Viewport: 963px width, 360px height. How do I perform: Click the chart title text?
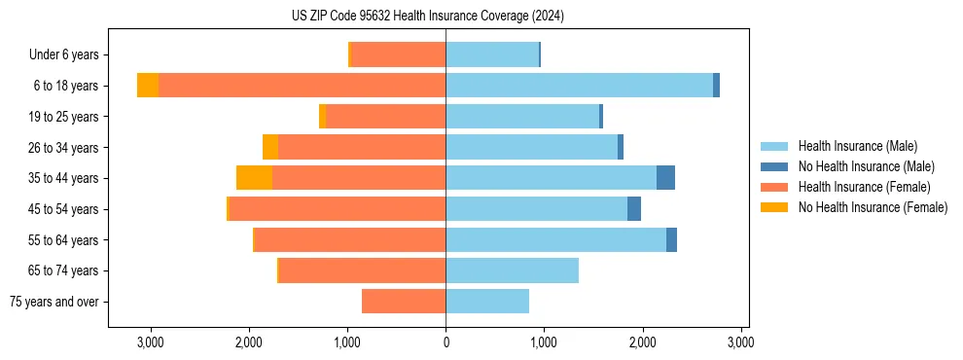[x=427, y=16]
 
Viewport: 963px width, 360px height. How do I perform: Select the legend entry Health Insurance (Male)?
[x=856, y=146]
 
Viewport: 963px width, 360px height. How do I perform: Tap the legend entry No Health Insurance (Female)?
[x=872, y=207]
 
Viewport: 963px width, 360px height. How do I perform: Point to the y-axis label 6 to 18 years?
[x=65, y=86]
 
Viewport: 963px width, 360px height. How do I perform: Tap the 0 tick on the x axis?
[x=446, y=342]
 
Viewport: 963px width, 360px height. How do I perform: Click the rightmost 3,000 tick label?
[x=740, y=342]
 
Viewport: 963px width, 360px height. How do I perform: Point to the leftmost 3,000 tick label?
[x=150, y=342]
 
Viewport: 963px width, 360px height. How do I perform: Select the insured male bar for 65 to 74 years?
[x=512, y=270]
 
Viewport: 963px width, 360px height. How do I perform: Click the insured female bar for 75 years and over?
[x=404, y=302]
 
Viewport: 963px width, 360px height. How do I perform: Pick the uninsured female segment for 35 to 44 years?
[x=254, y=178]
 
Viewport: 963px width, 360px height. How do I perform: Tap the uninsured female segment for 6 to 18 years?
[x=148, y=86]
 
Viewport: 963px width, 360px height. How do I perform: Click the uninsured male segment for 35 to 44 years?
[x=665, y=178]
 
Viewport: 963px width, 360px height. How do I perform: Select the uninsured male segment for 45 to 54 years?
[x=634, y=209]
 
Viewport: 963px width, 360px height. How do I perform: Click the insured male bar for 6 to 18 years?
[x=579, y=86]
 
